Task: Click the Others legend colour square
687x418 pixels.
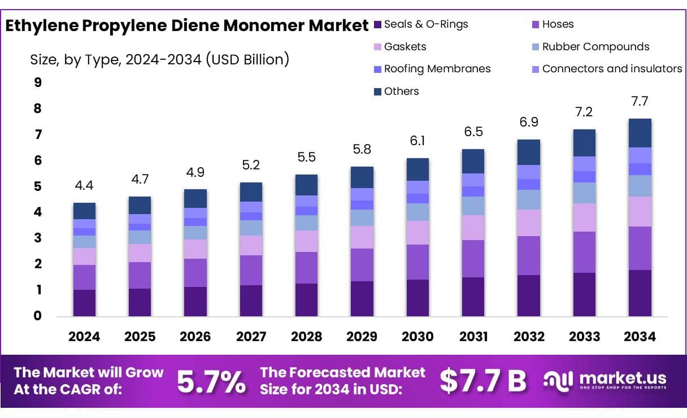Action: (378, 92)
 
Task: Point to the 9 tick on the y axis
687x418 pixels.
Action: (38, 83)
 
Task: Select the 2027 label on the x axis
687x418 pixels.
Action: (251, 337)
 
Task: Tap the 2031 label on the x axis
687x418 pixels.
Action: (473, 337)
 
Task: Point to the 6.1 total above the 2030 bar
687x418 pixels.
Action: (418, 141)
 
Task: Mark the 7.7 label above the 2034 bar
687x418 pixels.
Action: (640, 102)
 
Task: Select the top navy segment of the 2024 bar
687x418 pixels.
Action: (84, 211)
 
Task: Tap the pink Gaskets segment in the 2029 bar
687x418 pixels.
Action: (362, 237)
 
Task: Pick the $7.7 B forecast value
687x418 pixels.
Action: (482, 381)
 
